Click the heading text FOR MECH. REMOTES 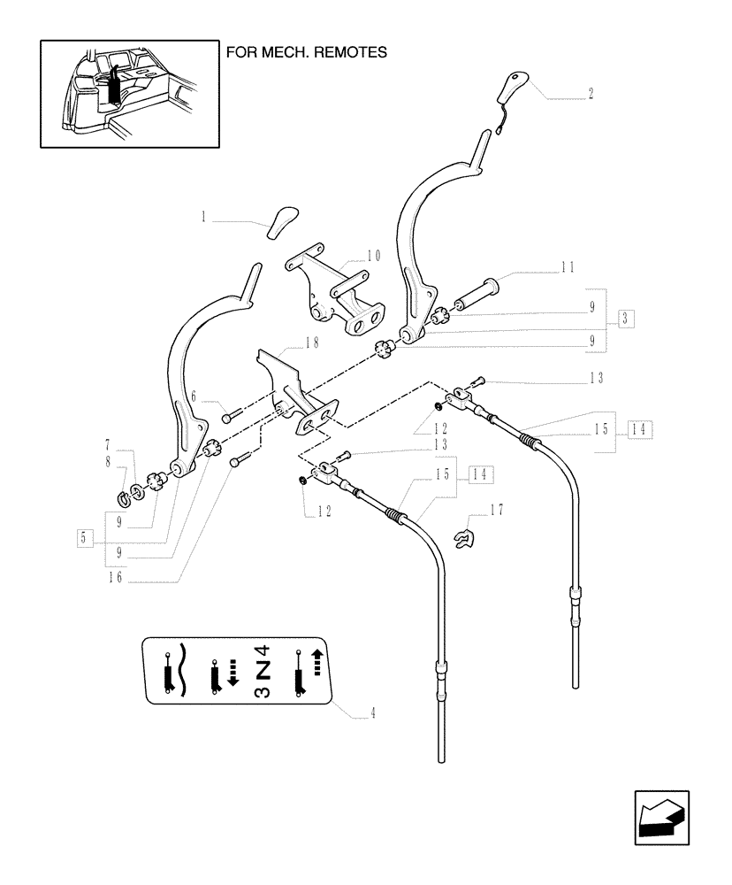(307, 52)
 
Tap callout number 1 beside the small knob (203, 216)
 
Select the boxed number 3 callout (625, 318)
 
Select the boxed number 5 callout (84, 536)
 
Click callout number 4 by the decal (373, 714)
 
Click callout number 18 (311, 342)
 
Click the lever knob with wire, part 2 (512, 92)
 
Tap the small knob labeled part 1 (282, 219)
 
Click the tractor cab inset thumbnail (129, 93)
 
